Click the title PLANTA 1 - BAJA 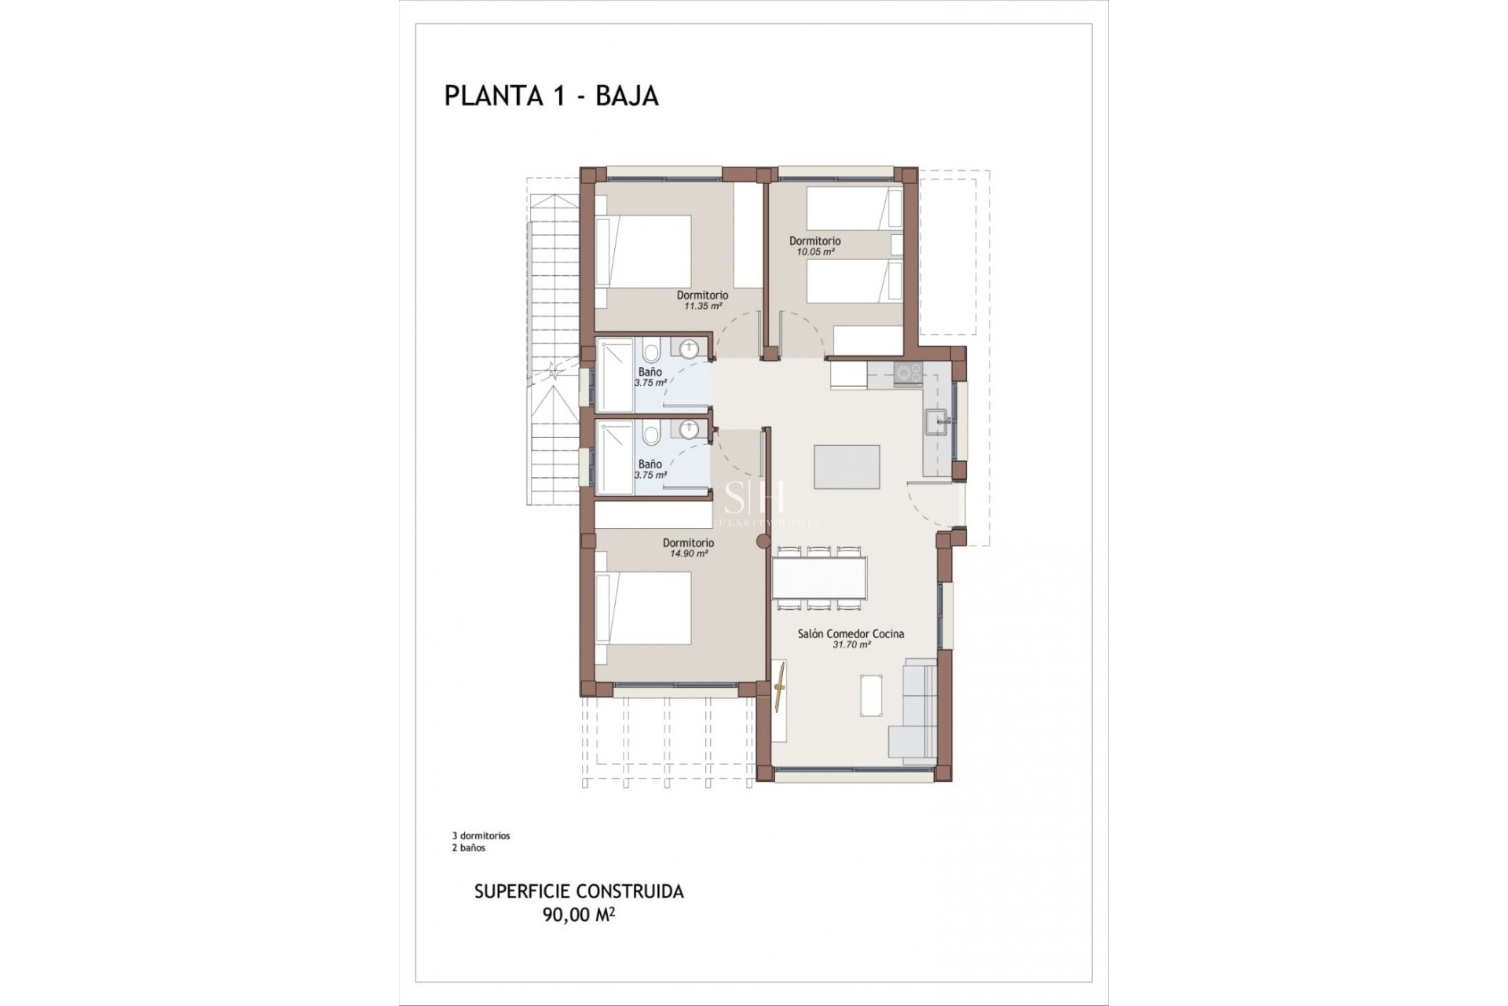pyautogui.click(x=551, y=95)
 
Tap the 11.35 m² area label pyautogui.click(x=702, y=306)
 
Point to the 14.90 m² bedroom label pyautogui.click(x=688, y=553)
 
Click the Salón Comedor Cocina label pyautogui.click(x=851, y=633)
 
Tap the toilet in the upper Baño pyautogui.click(x=650, y=352)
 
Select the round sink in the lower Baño pyautogui.click(x=689, y=430)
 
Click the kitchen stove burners pyautogui.click(x=908, y=373)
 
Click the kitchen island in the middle pyautogui.click(x=847, y=467)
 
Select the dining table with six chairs pyautogui.click(x=820, y=578)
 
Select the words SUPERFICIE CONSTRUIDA pyautogui.click(x=579, y=891)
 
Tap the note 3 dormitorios pyautogui.click(x=481, y=835)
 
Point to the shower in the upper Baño pyautogui.click(x=615, y=374)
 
